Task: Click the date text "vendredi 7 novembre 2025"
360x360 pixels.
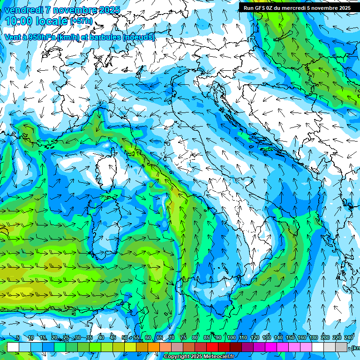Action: tap(62, 10)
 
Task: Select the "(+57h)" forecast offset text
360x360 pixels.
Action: tap(81, 21)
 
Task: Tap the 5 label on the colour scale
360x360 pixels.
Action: tap(18, 338)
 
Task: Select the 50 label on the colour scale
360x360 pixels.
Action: tap(124, 338)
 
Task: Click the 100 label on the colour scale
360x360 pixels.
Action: tap(231, 338)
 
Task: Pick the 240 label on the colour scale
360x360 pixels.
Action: tap(349, 338)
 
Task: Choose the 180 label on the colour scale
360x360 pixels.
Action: tap(314, 338)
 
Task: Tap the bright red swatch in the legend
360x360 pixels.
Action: tap(212, 347)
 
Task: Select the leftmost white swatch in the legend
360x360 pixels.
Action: tap(13, 347)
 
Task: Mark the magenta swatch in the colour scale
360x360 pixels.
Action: tap(271, 347)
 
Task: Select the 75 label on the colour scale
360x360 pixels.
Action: tap(183, 338)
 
